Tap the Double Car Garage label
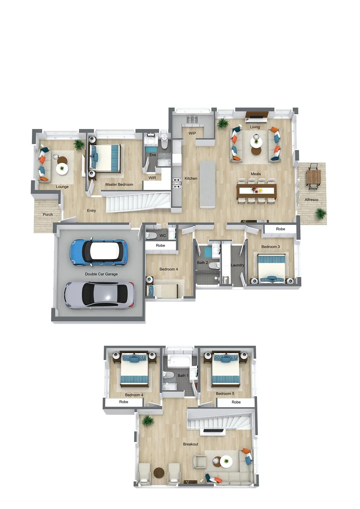coord(101,274)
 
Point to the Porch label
coord(48,214)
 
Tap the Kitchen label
coord(191,179)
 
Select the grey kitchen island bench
coord(207,184)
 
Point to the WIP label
coord(192,134)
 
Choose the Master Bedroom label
coord(119,185)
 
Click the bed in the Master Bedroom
coord(105,158)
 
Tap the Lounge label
coord(62,187)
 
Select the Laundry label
coord(237,265)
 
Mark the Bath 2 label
coord(202,263)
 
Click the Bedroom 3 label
coord(271,247)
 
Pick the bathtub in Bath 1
coord(179,361)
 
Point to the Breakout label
coord(191,444)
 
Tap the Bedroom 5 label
coord(225,394)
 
